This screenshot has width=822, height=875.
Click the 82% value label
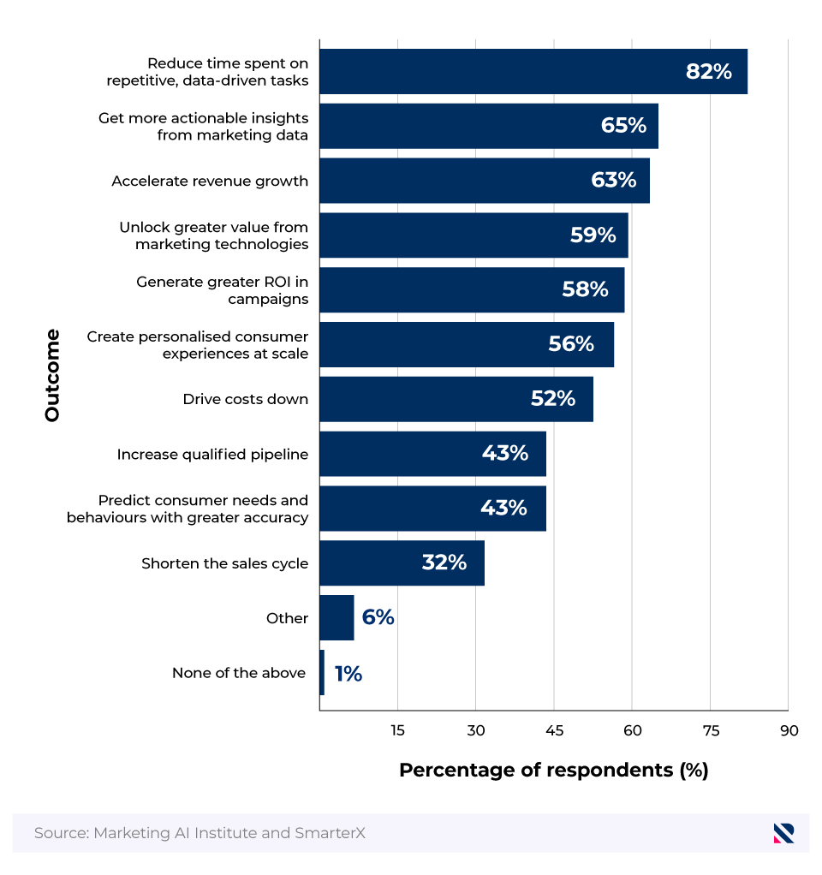click(708, 72)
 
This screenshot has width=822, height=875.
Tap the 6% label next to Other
click(378, 617)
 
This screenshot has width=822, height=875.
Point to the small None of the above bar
click(322, 673)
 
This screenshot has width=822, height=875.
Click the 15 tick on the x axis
click(397, 730)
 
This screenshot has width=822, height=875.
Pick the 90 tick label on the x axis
click(789, 730)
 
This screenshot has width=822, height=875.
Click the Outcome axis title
click(52, 375)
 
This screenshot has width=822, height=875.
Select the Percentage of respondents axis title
click(553, 770)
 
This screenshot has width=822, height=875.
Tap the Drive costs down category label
click(245, 399)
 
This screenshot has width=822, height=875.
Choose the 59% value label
click(593, 235)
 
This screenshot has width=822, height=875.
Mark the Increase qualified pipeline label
click(212, 455)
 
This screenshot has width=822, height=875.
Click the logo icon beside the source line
click(783, 833)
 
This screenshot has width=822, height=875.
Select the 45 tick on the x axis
click(553, 730)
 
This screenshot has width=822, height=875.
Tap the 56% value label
click(570, 344)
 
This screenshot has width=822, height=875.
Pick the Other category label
click(287, 618)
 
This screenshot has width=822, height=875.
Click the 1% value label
click(348, 674)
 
